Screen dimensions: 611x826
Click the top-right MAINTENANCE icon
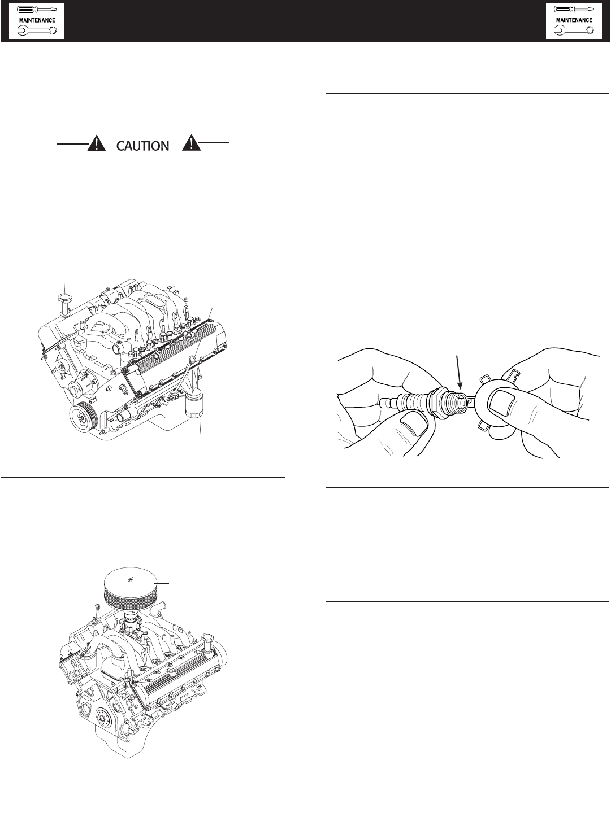574,21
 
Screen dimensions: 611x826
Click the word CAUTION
142,146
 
